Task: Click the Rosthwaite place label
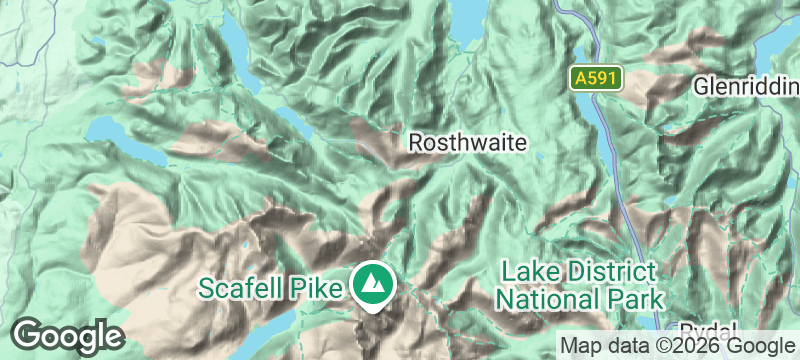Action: pos(467,143)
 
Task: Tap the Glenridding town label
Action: pos(746,86)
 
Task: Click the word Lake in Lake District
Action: pos(528,271)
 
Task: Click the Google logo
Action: pos(67,336)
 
